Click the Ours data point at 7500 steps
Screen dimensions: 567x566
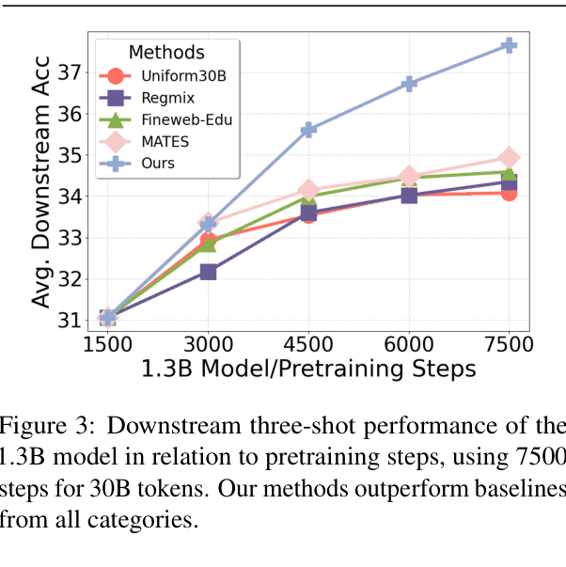coord(509,45)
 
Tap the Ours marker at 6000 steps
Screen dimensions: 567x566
coord(409,84)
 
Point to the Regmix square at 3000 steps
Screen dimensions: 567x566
coord(208,272)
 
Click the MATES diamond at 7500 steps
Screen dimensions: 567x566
coord(509,157)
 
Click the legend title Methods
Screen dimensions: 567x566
coord(166,53)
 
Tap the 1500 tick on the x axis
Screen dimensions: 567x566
coord(107,343)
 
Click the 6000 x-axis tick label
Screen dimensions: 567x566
coord(409,343)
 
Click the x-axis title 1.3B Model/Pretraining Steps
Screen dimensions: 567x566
coord(308,369)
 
